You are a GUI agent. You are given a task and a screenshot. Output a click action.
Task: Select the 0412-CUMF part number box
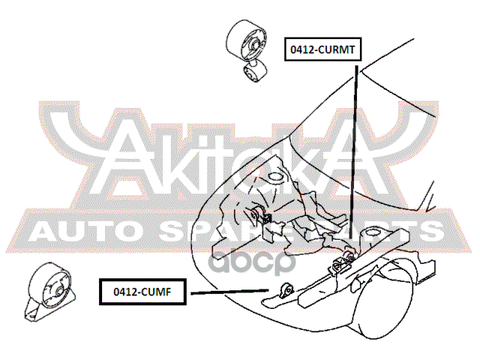coord(142,290)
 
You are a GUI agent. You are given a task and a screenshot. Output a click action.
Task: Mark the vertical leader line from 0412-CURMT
coord(355,150)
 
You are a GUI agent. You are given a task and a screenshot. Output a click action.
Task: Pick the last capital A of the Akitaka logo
coord(358,154)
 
